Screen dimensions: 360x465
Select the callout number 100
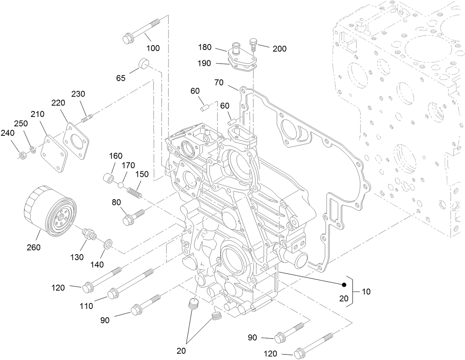point(153,48)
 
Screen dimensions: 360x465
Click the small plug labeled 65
point(143,64)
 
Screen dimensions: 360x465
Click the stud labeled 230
point(86,119)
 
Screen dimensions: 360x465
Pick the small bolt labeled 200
point(254,44)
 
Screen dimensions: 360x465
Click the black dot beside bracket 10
point(344,285)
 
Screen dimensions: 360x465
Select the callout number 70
point(219,82)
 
